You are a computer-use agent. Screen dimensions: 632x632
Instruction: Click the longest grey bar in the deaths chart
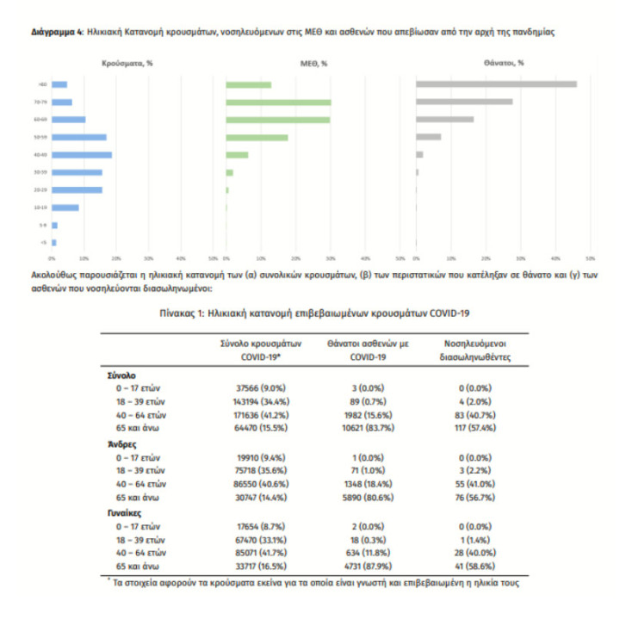coord(496,84)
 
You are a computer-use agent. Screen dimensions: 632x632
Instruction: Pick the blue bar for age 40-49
coord(83,155)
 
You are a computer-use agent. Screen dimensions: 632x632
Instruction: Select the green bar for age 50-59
coord(257,137)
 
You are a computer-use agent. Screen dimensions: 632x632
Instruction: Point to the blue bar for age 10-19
coord(66,208)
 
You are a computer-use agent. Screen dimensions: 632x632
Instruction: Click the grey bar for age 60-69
coord(444,120)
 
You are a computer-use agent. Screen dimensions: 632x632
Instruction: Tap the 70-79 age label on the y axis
coord(40,102)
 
